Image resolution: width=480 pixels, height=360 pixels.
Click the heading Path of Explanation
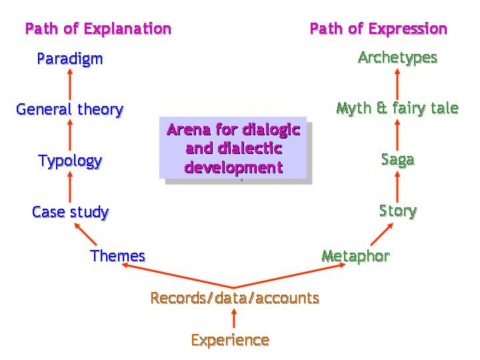pos(98,29)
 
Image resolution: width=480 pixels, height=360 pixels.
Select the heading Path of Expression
pos(379,29)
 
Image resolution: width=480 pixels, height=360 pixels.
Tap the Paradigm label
pos(70,59)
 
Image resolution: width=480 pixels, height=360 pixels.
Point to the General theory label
pos(70,110)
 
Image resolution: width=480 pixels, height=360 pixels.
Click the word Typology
pos(70,161)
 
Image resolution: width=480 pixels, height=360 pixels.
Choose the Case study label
pos(71,212)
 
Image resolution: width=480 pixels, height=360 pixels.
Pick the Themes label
pos(117,256)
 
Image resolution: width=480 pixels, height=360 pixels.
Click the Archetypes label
pos(397,58)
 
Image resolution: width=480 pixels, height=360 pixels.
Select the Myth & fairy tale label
pos(397,109)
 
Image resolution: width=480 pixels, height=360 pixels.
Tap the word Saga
pos(397,160)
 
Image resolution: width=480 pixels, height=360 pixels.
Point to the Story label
pos(398,211)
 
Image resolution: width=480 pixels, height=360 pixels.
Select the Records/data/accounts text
pos(235,298)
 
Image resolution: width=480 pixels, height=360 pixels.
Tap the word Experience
pos(230,340)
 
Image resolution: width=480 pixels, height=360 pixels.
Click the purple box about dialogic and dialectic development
pos(233,147)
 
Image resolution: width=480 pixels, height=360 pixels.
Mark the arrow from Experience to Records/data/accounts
pos(234,319)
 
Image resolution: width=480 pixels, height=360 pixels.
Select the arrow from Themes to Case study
pos(85,234)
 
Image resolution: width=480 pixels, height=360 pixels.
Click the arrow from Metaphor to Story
pos(382,234)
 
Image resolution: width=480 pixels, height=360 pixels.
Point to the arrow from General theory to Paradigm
pos(70,84)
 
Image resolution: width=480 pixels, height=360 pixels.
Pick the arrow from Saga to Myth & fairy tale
pos(397,135)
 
